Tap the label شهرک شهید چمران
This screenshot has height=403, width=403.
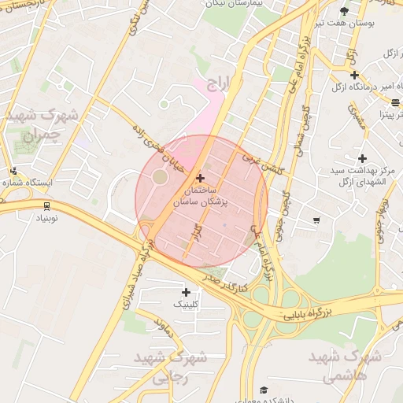click(41, 124)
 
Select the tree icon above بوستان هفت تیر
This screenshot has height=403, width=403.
click(345, 10)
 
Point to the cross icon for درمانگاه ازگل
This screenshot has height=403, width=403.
click(355, 75)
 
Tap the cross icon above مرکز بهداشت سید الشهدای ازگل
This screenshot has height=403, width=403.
click(362, 158)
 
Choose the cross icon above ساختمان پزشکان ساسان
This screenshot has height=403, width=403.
click(200, 179)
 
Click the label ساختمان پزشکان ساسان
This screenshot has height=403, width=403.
click(205, 197)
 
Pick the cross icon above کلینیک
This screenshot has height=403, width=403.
click(186, 293)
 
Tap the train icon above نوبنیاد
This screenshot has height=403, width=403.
click(48, 206)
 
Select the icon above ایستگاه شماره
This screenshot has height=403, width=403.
click(13, 171)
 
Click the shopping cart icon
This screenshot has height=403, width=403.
click(316, 220)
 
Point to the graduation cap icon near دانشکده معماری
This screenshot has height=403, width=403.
click(264, 390)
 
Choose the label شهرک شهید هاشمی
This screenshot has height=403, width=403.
click(345, 366)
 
